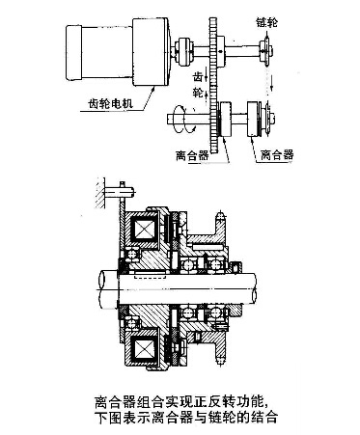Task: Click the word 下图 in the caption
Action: (x=108, y=417)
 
